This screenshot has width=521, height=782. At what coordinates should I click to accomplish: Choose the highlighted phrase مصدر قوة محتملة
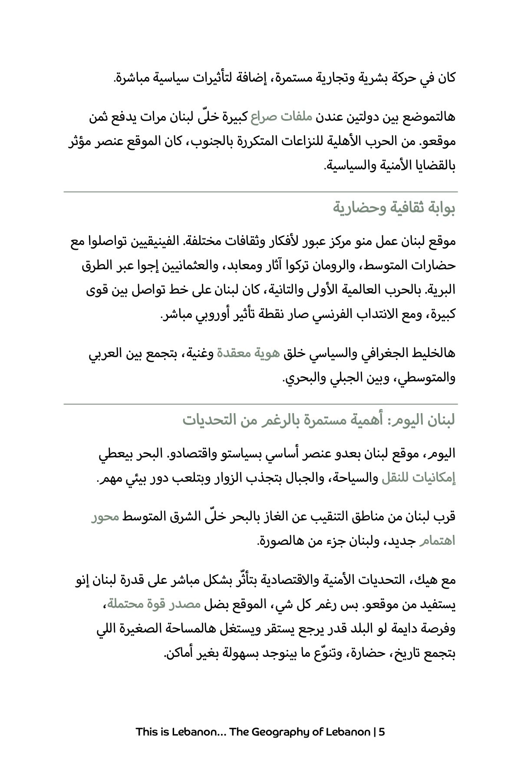pos(155,604)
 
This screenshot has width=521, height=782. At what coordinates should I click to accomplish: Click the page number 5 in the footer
pos(382,732)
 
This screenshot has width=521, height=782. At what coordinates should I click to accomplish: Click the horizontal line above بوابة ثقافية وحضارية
pos(260,192)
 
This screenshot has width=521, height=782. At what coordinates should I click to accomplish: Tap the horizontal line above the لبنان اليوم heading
pos(260,404)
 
